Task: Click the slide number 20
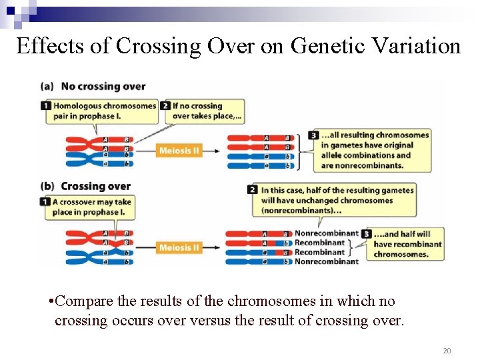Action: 446,351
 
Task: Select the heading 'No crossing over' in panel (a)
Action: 103,86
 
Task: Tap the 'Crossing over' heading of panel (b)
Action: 95,186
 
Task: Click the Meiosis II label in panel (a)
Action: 179,151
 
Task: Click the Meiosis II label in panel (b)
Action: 179,248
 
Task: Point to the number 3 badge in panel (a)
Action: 313,135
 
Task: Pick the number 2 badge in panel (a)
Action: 165,106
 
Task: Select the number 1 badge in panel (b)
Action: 45,201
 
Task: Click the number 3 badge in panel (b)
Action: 366,234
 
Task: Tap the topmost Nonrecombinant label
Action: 327,233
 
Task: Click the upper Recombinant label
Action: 319,243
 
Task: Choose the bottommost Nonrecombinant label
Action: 327,261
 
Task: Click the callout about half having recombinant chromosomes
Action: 407,244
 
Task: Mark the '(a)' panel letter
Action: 47,86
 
